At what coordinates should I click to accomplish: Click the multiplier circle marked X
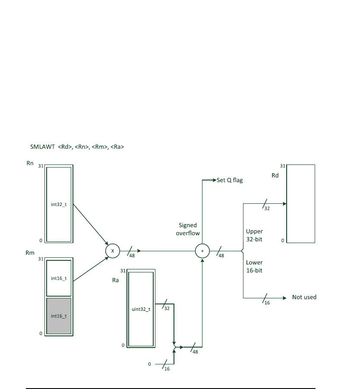pyautogui.click(x=112, y=250)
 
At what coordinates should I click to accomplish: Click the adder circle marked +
pyautogui.click(x=202, y=251)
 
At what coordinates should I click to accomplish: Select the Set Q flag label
pyautogui.click(x=230, y=180)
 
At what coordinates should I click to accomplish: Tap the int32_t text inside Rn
pyautogui.click(x=59, y=204)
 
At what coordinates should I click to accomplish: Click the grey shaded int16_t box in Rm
pyautogui.click(x=59, y=316)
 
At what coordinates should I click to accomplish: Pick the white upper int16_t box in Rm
pyautogui.click(x=59, y=278)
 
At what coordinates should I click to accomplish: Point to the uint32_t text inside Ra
pyautogui.click(x=140, y=309)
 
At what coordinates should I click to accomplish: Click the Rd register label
pyautogui.click(x=275, y=176)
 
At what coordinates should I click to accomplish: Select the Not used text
pyautogui.click(x=304, y=297)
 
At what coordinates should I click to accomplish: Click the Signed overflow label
pyautogui.click(x=188, y=229)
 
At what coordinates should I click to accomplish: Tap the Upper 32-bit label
pyautogui.click(x=254, y=235)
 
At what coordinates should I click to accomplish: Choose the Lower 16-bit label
pyautogui.click(x=254, y=266)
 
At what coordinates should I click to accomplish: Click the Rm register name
pyautogui.click(x=30, y=253)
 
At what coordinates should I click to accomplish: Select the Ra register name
pyautogui.click(x=115, y=280)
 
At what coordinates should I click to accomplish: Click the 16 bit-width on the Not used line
pyautogui.click(x=267, y=303)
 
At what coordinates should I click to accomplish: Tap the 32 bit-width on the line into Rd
pyautogui.click(x=267, y=208)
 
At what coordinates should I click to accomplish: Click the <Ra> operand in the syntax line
pyautogui.click(x=117, y=147)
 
